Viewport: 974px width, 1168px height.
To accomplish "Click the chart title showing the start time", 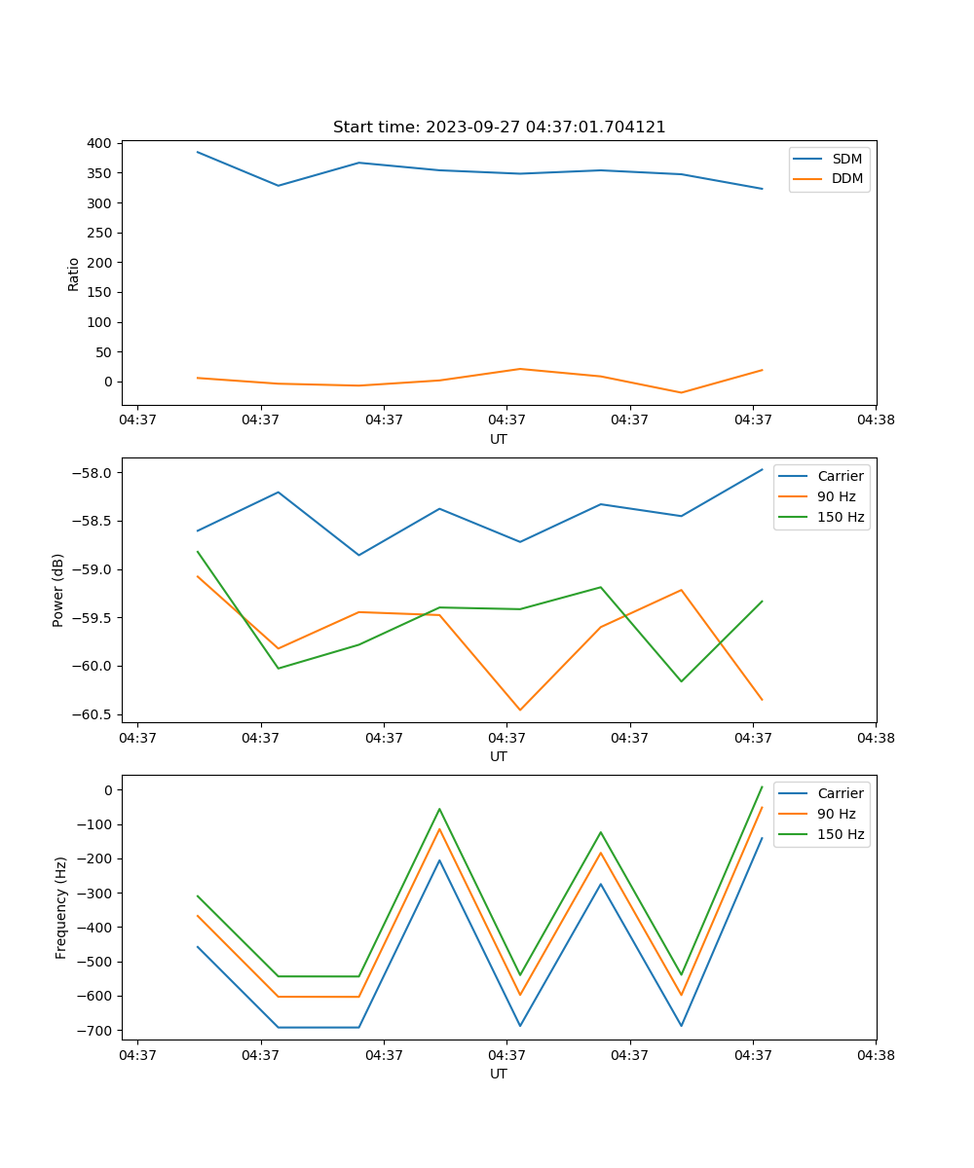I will click(x=499, y=128).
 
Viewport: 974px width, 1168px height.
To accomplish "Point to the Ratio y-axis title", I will click(x=74, y=274).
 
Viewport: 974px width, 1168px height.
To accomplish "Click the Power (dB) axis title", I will click(x=58, y=590).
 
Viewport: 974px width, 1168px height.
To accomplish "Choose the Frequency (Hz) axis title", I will click(x=60, y=907).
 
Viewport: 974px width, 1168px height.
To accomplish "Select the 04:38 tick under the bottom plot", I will click(x=875, y=1054).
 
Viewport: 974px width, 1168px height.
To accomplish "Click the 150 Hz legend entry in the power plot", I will click(x=840, y=518).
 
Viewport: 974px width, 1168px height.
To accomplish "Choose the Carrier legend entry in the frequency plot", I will click(x=840, y=793).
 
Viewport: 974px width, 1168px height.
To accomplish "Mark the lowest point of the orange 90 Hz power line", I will click(x=520, y=710).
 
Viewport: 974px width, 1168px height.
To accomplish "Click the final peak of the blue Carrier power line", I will click(x=762, y=470).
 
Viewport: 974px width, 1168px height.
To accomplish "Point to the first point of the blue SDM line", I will click(x=198, y=152).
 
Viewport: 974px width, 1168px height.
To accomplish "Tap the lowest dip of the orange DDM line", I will click(x=681, y=392).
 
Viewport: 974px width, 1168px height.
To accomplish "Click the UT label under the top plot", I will click(x=499, y=439).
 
